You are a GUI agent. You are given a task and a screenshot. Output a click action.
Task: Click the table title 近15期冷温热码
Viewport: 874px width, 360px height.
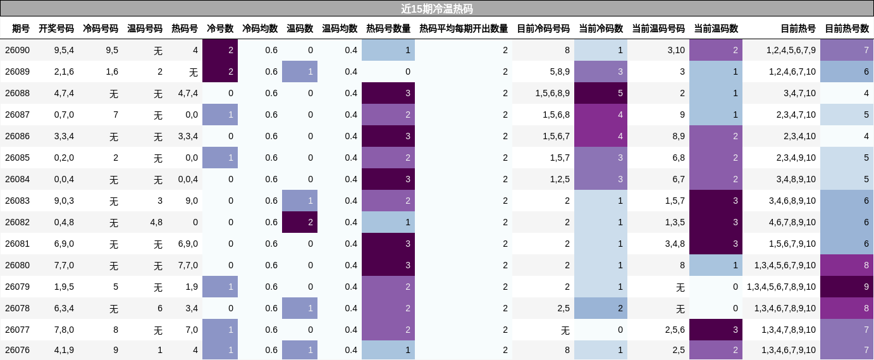click(436, 9)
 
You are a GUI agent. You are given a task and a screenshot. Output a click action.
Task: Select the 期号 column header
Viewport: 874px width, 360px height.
click(21, 28)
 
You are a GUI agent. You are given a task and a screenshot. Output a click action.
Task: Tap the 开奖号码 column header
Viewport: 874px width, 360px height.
click(56, 28)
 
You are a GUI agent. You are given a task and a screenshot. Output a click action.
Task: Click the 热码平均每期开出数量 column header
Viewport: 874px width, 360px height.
click(464, 28)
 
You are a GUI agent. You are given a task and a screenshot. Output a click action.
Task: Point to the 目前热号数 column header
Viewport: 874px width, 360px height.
click(847, 28)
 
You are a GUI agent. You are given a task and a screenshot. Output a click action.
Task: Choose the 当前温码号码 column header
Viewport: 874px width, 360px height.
click(658, 28)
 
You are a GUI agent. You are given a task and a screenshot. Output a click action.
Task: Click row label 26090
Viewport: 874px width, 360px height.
click(18, 50)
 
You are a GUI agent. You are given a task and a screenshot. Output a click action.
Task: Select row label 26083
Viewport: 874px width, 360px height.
click(18, 201)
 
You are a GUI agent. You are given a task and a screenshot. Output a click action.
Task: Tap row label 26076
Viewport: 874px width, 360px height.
click(18, 350)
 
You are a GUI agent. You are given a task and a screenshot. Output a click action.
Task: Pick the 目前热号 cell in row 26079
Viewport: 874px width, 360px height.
click(781, 287)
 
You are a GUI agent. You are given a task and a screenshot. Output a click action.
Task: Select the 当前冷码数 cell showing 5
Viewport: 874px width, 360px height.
click(600, 93)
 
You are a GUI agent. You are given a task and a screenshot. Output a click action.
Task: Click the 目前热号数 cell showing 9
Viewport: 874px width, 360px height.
click(847, 287)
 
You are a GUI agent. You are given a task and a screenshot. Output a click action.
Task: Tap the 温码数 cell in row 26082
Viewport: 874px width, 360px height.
click(300, 222)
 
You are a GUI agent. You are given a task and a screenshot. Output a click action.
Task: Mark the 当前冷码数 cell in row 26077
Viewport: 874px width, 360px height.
click(600, 330)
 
